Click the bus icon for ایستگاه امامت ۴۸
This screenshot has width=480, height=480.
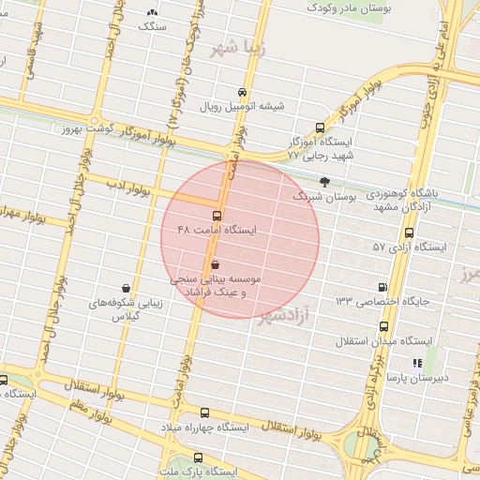(x=217, y=216)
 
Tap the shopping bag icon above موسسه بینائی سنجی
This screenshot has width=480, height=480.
(x=216, y=265)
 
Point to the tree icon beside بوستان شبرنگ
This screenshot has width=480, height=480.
(x=325, y=182)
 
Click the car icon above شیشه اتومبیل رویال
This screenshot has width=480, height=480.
(x=242, y=92)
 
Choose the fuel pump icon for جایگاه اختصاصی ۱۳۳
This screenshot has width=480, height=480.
(x=382, y=287)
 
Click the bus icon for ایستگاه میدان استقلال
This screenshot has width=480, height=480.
(x=384, y=326)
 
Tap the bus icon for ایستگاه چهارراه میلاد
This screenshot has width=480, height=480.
(x=205, y=412)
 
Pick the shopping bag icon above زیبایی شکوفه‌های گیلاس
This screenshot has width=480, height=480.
(x=126, y=289)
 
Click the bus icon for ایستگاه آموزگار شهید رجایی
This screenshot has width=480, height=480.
(x=321, y=127)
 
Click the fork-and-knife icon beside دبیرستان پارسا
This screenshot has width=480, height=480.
(x=417, y=363)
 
